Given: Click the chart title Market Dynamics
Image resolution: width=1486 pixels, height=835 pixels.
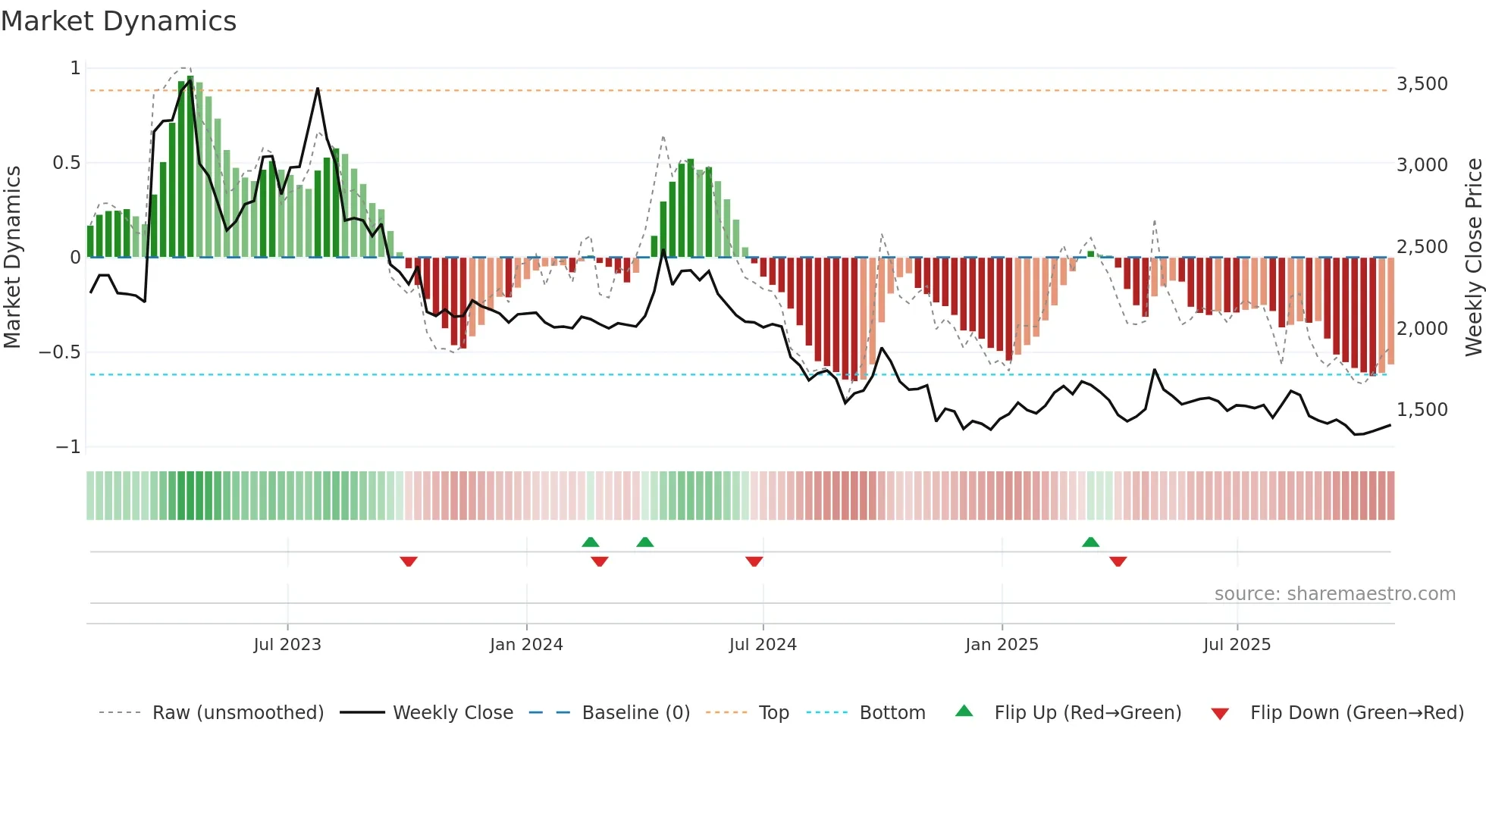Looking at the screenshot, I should pyautogui.click(x=118, y=21).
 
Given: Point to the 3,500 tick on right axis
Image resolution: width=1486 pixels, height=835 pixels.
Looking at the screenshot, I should pyautogui.click(x=1422, y=83).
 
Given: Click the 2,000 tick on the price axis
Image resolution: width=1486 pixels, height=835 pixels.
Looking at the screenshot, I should pyautogui.click(x=1422, y=328).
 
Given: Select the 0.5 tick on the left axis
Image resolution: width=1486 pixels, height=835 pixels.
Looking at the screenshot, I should pyautogui.click(x=66, y=162).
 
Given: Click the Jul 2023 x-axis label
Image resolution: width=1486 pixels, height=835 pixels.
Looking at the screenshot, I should pyautogui.click(x=287, y=644).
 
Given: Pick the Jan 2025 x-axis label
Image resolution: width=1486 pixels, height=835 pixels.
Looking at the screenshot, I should pyautogui.click(x=1002, y=644).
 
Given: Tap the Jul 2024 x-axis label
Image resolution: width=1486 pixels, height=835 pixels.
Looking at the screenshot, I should pyautogui.click(x=763, y=644).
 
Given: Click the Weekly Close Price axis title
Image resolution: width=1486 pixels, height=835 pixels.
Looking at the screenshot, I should pyautogui.click(x=1473, y=257).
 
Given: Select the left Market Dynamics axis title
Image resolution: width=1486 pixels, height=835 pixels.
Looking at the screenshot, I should pyautogui.click(x=12, y=257).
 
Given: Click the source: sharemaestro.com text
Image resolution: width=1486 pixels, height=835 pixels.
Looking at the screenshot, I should pyautogui.click(x=1334, y=593).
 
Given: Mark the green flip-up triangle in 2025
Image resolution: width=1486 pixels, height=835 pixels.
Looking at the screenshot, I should pyautogui.click(x=1090, y=542).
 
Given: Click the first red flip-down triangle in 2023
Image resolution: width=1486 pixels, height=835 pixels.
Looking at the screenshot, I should pyautogui.click(x=409, y=561).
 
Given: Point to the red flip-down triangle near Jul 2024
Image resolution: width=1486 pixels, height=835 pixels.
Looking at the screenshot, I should pyautogui.click(x=754, y=561).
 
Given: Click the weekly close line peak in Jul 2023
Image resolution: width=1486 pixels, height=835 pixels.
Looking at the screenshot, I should pyautogui.click(x=318, y=89).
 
